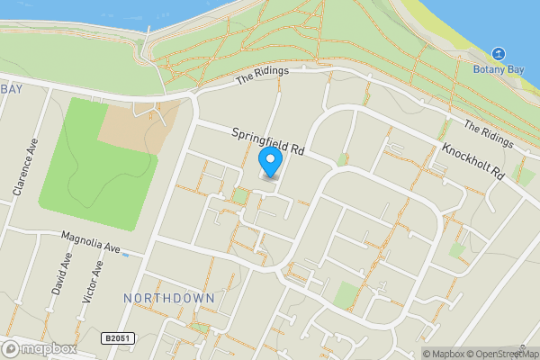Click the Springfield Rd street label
[x=269, y=142]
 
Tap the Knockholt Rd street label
[x=471, y=160]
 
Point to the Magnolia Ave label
[x=90, y=242]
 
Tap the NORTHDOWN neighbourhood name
[x=168, y=298]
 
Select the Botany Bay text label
[x=498, y=69]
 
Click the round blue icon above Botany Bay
[x=498, y=54]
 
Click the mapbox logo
[x=38, y=348]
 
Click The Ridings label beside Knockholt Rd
[x=486, y=134]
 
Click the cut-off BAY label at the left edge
[x=12, y=89]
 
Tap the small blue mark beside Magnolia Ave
[x=125, y=255]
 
